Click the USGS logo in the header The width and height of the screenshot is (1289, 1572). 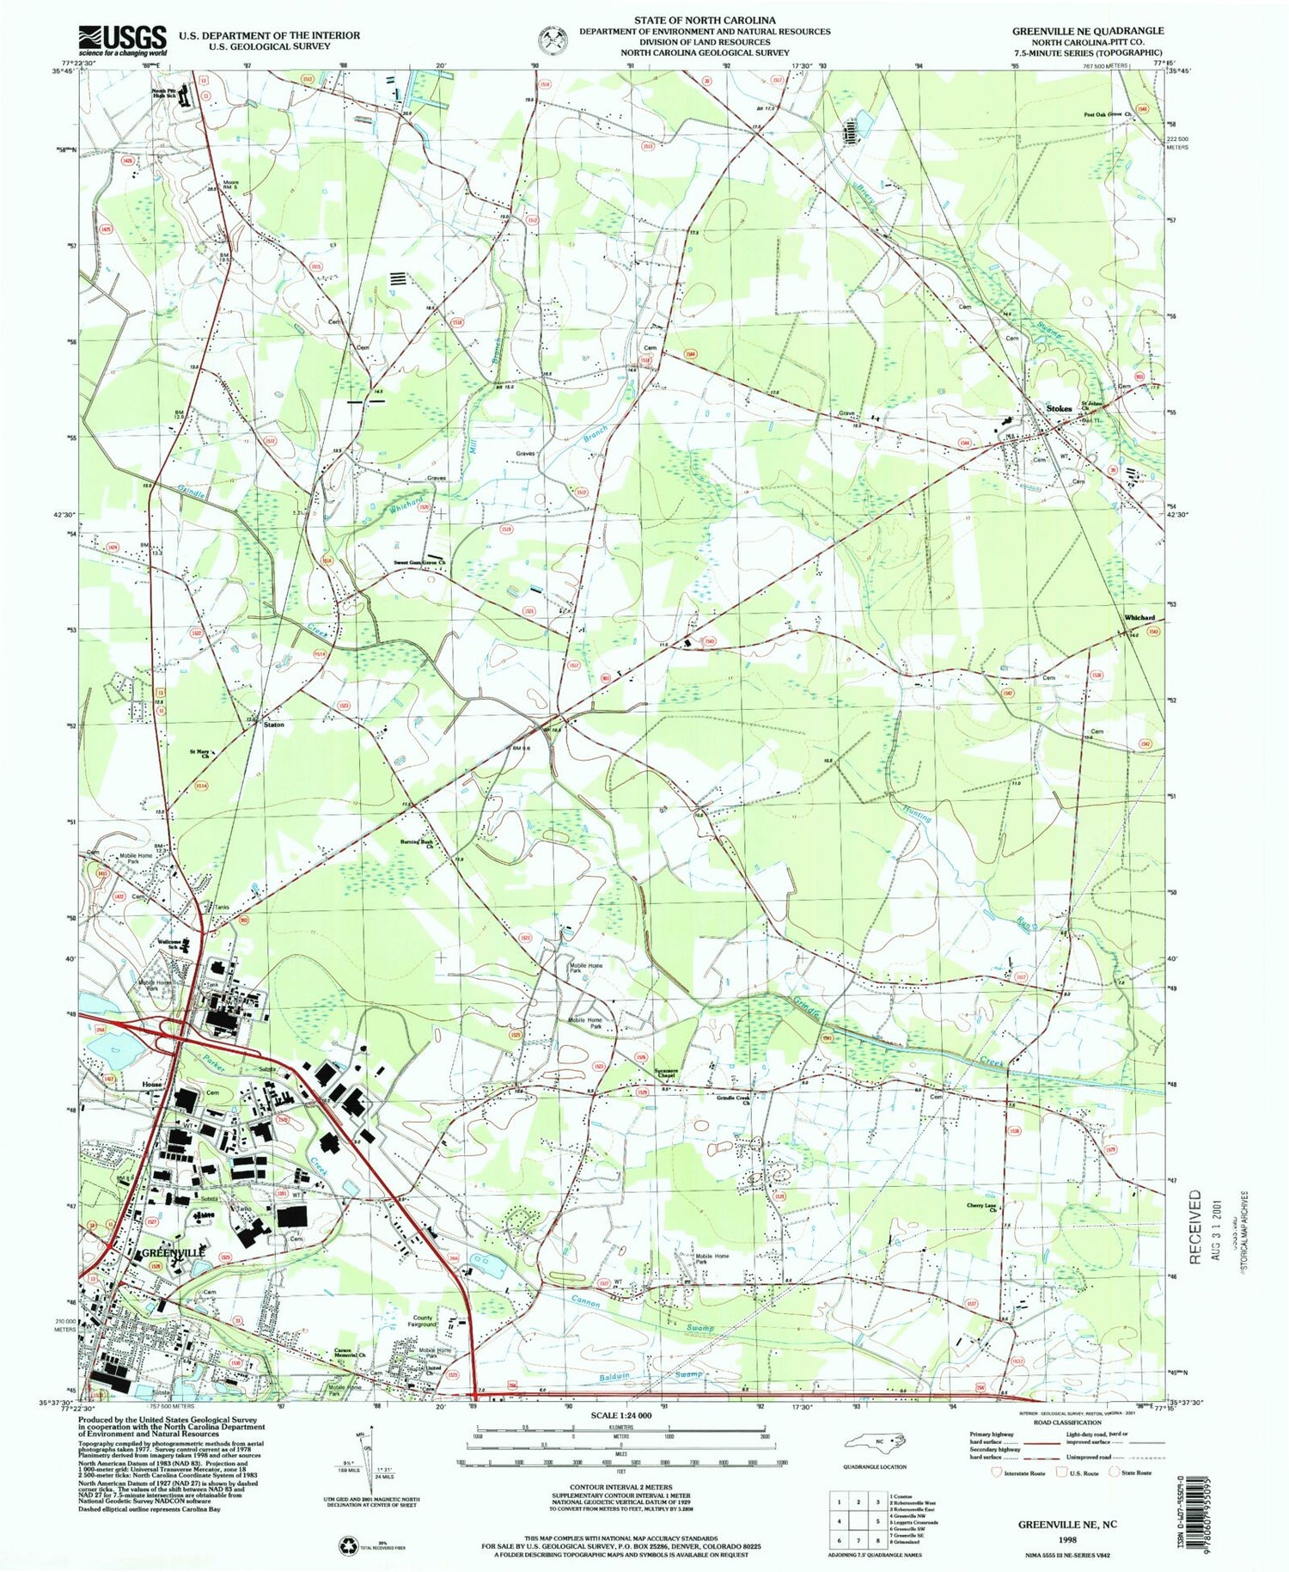pos(122,40)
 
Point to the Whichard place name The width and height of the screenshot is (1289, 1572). pos(1139,618)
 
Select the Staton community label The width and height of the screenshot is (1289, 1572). pos(273,725)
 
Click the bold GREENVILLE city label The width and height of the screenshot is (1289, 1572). pos(174,1252)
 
